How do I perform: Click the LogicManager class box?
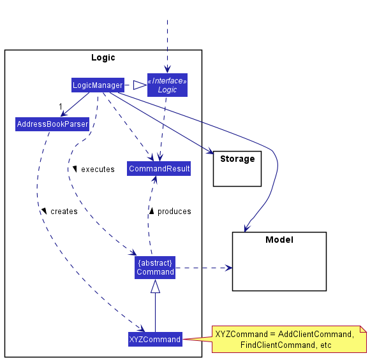[x=97, y=85]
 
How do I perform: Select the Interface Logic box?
[x=167, y=85]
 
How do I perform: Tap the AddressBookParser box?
[x=52, y=124]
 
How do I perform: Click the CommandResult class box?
[x=159, y=169]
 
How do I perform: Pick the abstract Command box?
[x=155, y=267]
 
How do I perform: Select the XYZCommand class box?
[x=155, y=340]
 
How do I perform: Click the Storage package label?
[x=237, y=159]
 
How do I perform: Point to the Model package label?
[x=279, y=240]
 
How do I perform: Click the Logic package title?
[x=103, y=57]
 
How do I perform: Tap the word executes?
[x=98, y=169]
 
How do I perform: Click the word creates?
[x=64, y=212]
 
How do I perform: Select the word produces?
[x=174, y=212]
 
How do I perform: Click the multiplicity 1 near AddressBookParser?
[x=60, y=106]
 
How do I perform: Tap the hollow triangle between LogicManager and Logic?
[x=140, y=85]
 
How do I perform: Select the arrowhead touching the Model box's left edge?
[x=228, y=268]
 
